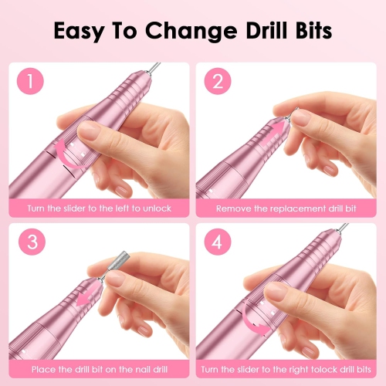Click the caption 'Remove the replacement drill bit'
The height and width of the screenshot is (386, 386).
click(x=287, y=208)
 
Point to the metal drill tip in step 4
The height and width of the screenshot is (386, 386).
click(x=342, y=229)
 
